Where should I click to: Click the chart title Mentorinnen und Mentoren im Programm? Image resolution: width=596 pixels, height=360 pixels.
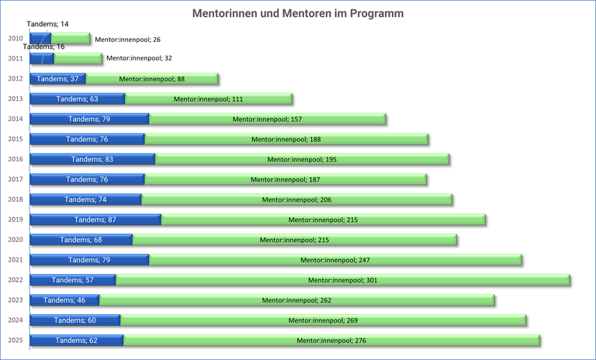(298, 14)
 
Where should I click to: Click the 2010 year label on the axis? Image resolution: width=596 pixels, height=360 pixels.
(15, 39)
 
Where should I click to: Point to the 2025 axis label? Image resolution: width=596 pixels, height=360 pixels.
(15, 341)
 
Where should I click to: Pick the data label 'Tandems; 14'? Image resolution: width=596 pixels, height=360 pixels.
(47, 24)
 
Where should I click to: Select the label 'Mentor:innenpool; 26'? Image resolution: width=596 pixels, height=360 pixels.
(127, 39)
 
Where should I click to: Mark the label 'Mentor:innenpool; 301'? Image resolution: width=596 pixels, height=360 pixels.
(342, 280)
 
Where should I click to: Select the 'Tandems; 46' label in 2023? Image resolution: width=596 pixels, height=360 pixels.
(64, 300)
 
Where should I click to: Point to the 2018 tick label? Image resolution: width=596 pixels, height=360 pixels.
(15, 199)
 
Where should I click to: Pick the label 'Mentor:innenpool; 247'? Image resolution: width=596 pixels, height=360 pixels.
(334, 260)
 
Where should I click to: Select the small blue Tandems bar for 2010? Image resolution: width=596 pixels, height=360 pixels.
(40, 39)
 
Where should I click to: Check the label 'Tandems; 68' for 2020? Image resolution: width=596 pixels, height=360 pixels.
(81, 240)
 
